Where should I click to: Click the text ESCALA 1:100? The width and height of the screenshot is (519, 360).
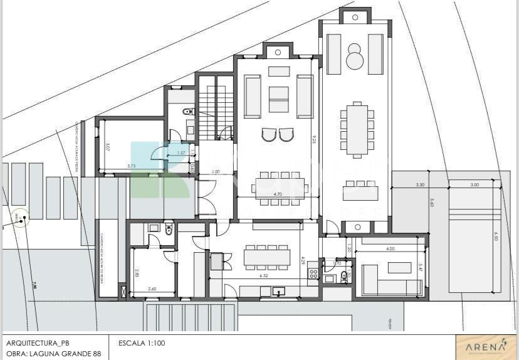[142, 343]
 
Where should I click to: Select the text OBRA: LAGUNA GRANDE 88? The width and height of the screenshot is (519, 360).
[53, 354]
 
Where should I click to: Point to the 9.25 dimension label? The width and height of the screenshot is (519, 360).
[313, 140]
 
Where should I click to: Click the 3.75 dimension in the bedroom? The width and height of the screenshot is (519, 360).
[131, 166]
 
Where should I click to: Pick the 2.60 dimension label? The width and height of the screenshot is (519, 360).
[152, 289]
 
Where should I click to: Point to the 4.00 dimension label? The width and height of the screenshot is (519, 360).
[391, 248]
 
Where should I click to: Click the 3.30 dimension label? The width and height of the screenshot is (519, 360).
[420, 185]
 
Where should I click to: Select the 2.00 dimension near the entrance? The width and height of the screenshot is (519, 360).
[216, 171]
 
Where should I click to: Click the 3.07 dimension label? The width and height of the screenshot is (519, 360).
[107, 148]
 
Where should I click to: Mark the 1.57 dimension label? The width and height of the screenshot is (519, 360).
[181, 152]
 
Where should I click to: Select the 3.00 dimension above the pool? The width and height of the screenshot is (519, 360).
[474, 185]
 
